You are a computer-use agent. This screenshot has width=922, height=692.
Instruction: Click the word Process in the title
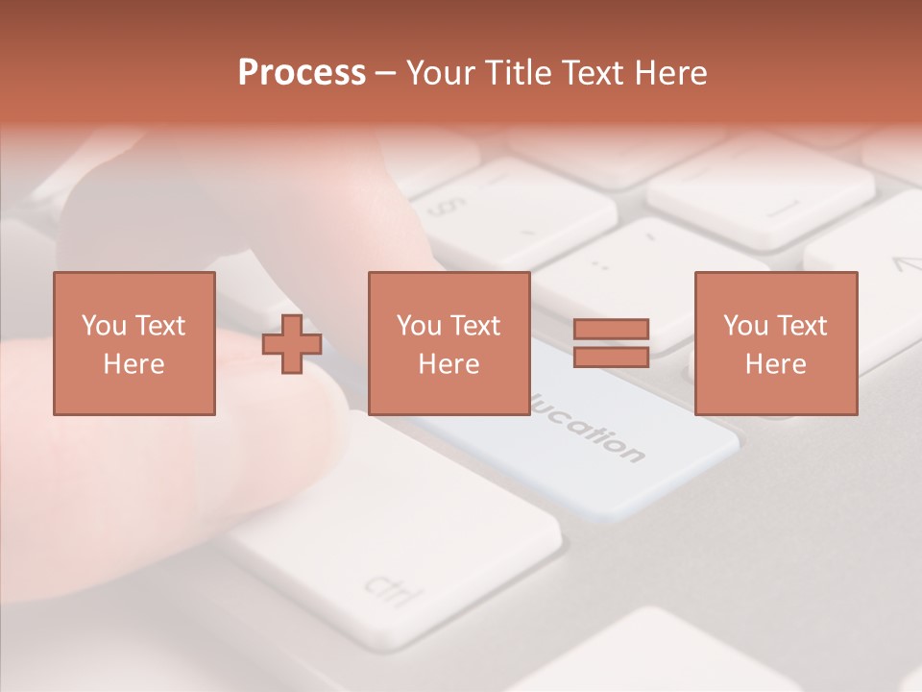tap(302, 73)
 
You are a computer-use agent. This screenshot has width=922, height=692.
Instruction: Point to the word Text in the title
tap(595, 73)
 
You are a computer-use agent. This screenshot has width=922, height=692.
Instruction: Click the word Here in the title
tap(670, 73)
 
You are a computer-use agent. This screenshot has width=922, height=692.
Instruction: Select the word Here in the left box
tap(133, 364)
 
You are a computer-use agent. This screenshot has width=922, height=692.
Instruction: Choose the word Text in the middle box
tap(477, 326)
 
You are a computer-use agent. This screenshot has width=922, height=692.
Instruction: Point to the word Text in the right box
tap(804, 326)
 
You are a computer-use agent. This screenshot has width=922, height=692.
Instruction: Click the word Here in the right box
tap(775, 364)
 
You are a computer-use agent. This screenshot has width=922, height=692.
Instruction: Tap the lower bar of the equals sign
tap(611, 357)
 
